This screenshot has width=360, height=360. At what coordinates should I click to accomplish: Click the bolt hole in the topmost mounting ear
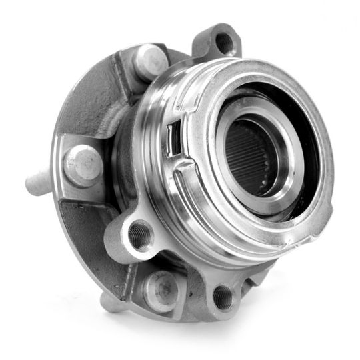point(224,43)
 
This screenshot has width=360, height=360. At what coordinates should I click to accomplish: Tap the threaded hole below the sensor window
point(141,234)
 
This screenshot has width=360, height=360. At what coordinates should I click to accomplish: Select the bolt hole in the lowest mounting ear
point(223,297)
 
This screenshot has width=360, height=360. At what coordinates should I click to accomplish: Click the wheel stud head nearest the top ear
point(150,61)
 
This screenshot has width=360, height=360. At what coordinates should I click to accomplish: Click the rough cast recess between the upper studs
point(100,100)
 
